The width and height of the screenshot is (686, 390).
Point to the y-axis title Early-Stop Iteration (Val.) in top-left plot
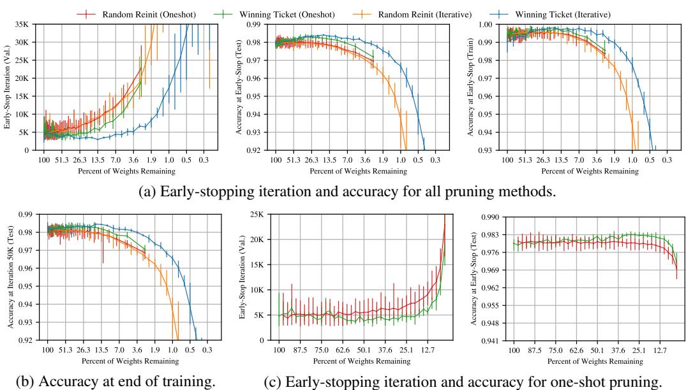(x=8, y=87)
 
